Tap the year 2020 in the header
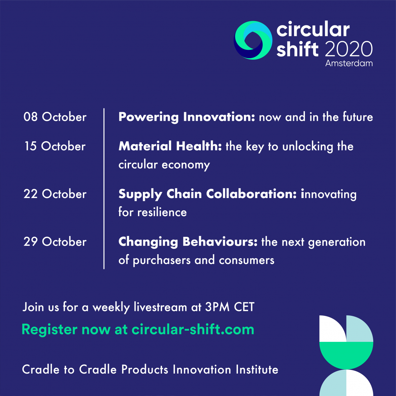pyautogui.click(x=349, y=49)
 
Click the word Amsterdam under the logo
pyautogui.click(x=349, y=63)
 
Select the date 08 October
pyautogui.click(x=55, y=117)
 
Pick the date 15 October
pyautogui.click(x=55, y=146)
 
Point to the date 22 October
pyautogui.click(x=55, y=194)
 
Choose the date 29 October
pyautogui.click(x=55, y=242)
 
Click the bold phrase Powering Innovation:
pyautogui.click(x=186, y=117)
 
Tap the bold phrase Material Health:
pyautogui.click(x=170, y=146)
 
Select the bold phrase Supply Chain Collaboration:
pyautogui.click(x=208, y=194)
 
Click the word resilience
pyautogui.click(x=162, y=212)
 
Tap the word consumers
pyautogui.click(x=247, y=260)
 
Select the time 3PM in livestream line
pyautogui.click(x=217, y=307)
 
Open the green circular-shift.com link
pyautogui.click(x=193, y=329)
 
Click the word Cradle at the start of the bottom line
pyautogui.click(x=41, y=370)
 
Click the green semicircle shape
pyautogui.click(x=346, y=355)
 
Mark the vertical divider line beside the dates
pyautogui.click(x=104, y=188)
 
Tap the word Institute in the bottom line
pyautogui.click(x=257, y=370)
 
